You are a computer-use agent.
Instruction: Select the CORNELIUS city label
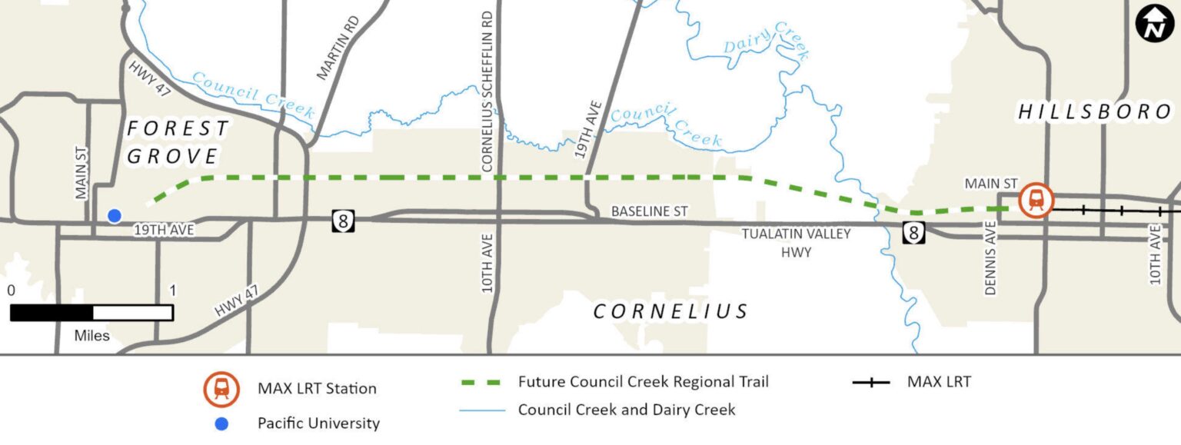tap(670, 311)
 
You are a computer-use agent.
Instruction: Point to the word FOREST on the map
tap(178, 128)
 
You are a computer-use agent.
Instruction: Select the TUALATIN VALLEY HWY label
tap(796, 242)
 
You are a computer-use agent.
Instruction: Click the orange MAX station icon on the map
tap(1035, 201)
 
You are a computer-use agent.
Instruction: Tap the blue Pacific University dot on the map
tap(115, 216)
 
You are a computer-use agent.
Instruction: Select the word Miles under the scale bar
tap(91, 335)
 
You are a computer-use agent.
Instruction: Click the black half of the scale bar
tap(52, 313)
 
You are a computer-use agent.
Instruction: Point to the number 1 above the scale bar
tap(171, 291)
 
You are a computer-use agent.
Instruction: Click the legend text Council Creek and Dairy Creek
tap(626, 410)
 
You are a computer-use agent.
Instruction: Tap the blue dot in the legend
tap(221, 423)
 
